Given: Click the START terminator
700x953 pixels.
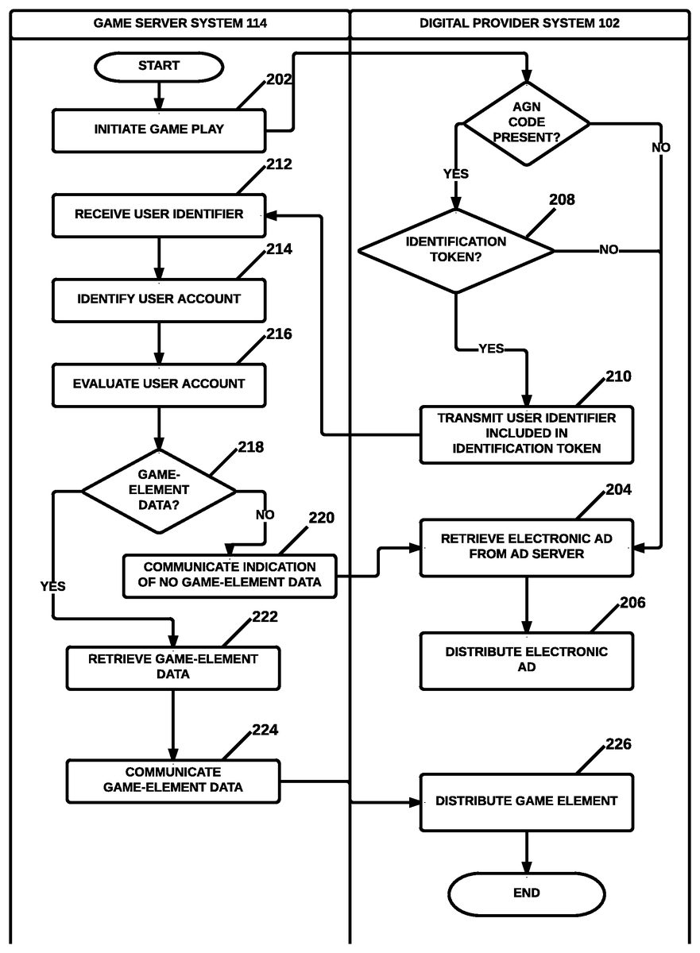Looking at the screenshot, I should pos(159,66).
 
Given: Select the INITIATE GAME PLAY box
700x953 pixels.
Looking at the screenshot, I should pos(159,130).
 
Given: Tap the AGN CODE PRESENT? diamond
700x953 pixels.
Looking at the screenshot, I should pos(526,122).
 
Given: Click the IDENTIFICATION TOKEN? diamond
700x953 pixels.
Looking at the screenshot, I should pos(456,249).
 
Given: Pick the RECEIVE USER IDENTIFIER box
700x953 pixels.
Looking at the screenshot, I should pos(159,214).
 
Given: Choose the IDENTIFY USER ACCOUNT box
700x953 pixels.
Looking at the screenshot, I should pos(159,299).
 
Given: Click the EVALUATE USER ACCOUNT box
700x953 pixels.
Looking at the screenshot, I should pos(159,384).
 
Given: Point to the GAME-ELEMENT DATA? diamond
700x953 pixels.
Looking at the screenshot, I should pos(159,490).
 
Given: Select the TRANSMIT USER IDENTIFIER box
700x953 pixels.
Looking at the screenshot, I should pos(526,434).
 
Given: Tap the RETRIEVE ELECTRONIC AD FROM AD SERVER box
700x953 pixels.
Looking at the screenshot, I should pos(526,546).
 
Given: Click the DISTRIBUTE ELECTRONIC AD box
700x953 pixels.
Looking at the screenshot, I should pos(526,660).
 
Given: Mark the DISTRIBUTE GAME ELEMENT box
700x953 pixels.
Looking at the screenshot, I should pos(526,801).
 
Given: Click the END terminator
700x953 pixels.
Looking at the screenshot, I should pos(526,893).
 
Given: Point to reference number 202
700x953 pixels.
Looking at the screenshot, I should pos(280,79).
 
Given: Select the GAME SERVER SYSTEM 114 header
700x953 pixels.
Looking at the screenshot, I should pos(180,23).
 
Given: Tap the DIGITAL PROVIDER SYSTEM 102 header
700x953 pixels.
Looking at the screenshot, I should pos(520,23).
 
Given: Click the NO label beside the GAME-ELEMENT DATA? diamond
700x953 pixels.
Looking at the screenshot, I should pos(265,515).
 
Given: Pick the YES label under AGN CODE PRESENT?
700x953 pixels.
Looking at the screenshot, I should pos(455,174).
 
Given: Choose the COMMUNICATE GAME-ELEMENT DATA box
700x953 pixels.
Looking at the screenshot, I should pos(172,780).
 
